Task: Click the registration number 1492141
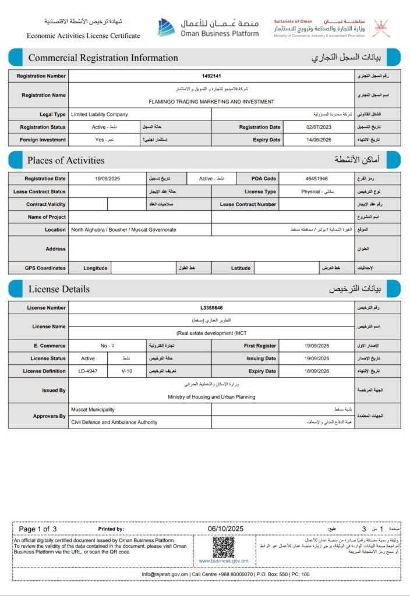tap(211, 76)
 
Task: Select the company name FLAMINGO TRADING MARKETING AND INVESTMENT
tap(211, 101)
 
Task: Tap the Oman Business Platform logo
tap(208, 27)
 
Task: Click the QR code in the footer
tap(223, 547)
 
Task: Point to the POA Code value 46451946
tap(316, 179)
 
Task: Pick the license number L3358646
tap(211, 307)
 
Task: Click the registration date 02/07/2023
tap(317, 127)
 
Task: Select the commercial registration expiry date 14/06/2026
tap(317, 140)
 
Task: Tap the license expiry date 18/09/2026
tap(317, 371)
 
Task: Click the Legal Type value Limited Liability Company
tap(99, 115)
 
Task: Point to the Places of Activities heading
tap(66, 160)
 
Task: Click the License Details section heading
tap(59, 289)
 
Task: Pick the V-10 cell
tap(127, 371)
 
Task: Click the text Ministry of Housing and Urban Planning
tap(211, 397)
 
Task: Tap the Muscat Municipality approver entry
tap(93, 410)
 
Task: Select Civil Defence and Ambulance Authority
tap(114, 423)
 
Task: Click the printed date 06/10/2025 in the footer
tap(225, 528)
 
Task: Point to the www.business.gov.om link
tap(223, 561)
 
